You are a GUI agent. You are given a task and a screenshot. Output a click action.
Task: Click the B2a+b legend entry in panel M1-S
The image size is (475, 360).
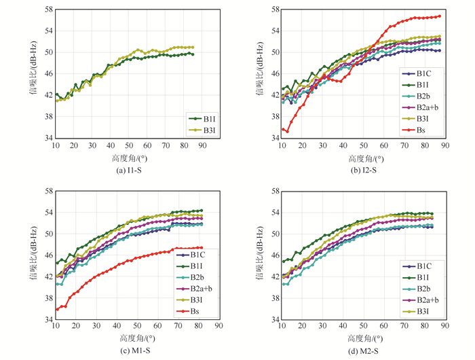(203, 288)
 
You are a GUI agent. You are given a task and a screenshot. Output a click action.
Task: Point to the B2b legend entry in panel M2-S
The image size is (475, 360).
(425, 277)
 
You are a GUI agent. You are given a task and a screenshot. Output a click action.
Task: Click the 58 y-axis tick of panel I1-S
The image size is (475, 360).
(47, 10)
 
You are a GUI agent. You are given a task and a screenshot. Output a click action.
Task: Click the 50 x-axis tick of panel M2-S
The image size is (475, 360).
(363, 327)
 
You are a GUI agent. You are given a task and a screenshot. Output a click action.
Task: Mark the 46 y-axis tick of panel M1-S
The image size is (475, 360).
(47, 255)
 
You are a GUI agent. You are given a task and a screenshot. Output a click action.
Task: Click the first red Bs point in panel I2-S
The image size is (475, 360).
(283, 130)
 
